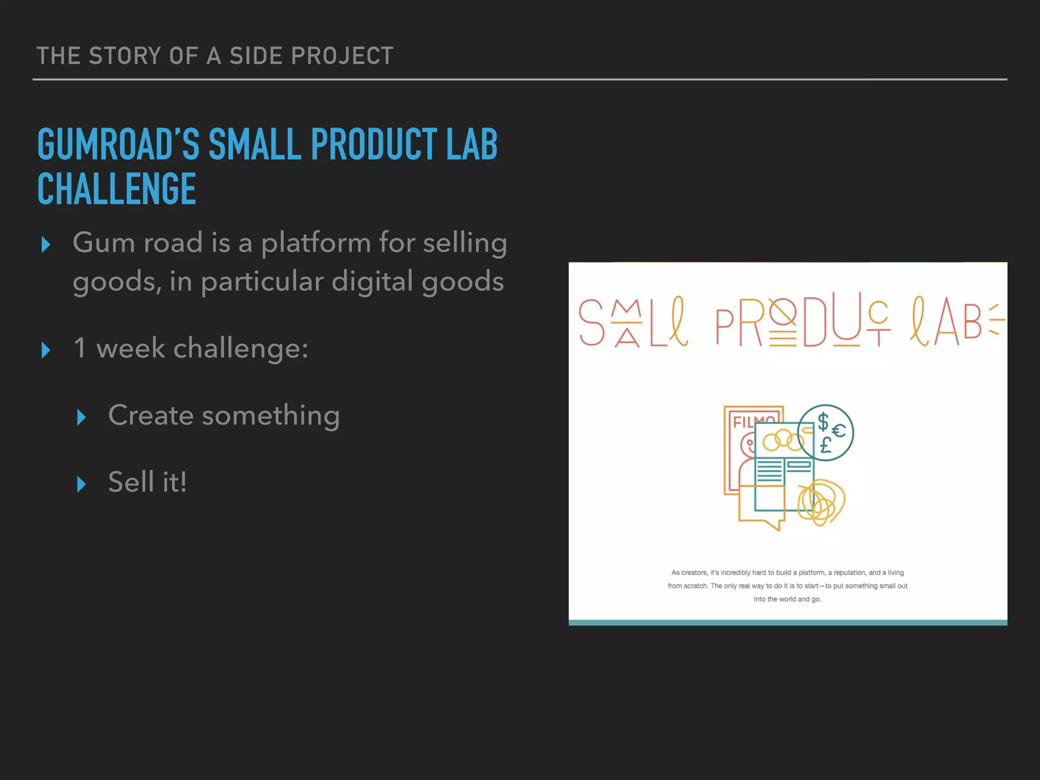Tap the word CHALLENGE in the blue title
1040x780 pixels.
tap(117, 189)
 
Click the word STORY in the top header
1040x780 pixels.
tap(125, 56)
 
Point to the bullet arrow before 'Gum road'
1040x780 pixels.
tap(46, 245)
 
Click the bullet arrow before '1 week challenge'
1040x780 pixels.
tap(46, 350)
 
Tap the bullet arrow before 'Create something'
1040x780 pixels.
tap(81, 417)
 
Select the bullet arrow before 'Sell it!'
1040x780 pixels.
tap(81, 484)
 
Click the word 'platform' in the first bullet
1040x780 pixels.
tap(316, 243)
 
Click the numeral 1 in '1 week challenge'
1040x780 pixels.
tap(80, 348)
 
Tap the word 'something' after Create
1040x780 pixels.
tap(271, 416)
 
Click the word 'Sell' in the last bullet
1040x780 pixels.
tap(131, 482)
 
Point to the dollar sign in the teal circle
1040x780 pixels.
tap(823, 421)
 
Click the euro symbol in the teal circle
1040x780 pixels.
tap(838, 431)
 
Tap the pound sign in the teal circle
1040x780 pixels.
tap(826, 445)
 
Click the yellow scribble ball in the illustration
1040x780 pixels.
tap(821, 502)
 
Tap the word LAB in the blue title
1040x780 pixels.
tap(472, 144)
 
